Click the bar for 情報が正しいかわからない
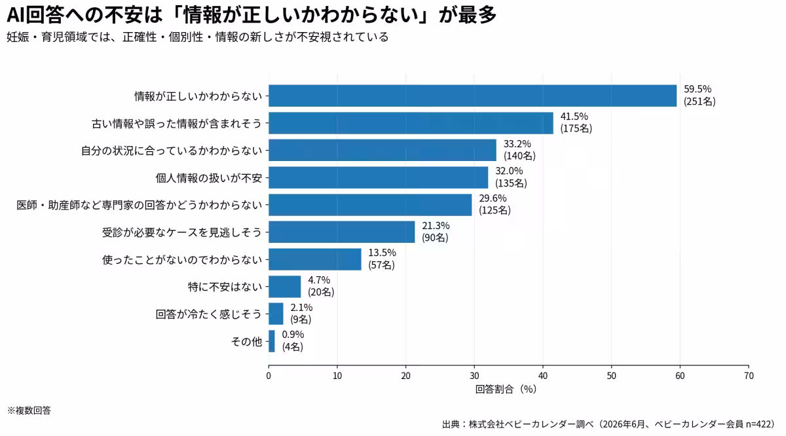coord(472,96)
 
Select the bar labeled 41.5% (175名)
coord(411,123)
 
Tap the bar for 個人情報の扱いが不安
coord(379,177)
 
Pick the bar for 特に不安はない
coord(284,287)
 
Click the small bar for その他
coord(272,341)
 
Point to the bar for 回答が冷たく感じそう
coord(276,314)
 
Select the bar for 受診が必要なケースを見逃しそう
coord(342,232)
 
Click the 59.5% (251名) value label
coord(700,96)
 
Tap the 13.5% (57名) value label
coord(382,259)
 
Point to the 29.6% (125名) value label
coord(495,204)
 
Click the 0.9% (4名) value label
coord(293,340)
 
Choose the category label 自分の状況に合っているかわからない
coord(172,151)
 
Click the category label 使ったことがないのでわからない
coord(182,259)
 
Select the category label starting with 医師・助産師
coord(140,205)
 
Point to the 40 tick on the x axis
coord(543,376)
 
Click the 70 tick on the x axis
coord(749,376)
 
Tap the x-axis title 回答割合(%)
coord(506,389)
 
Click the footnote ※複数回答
coord(29,410)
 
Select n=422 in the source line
coord(760,424)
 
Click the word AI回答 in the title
coord(35,15)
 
